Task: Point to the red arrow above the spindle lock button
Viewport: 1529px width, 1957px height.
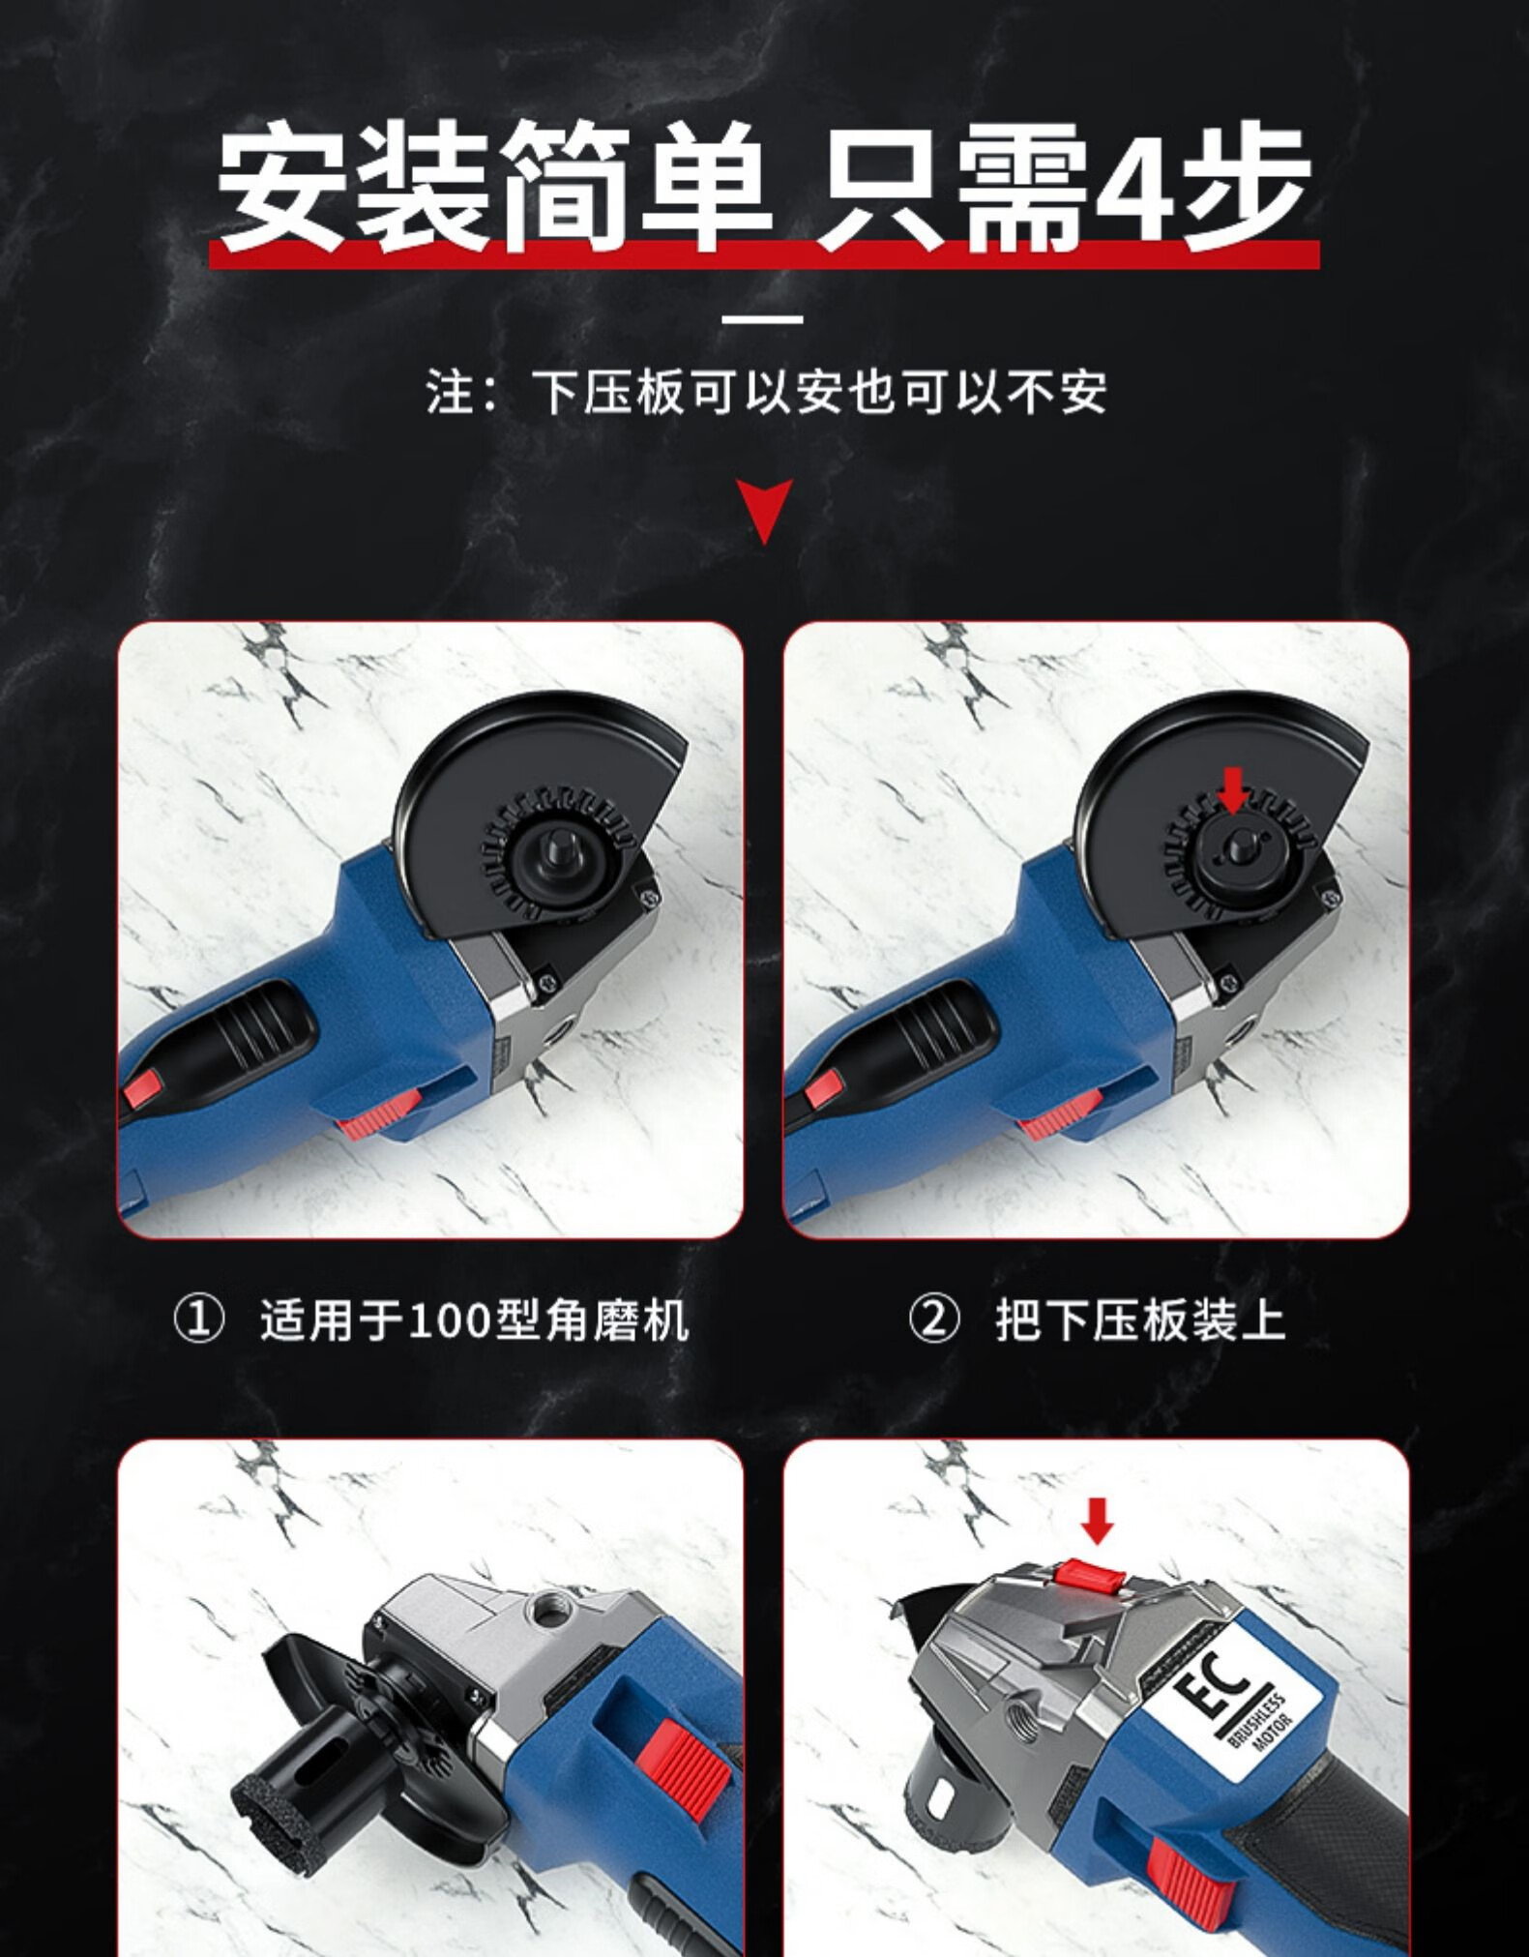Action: (x=1096, y=1520)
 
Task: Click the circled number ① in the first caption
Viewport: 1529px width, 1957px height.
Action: (x=198, y=1320)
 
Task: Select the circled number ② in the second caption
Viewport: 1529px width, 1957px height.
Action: (x=934, y=1320)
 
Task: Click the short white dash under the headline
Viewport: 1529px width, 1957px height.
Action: (x=764, y=318)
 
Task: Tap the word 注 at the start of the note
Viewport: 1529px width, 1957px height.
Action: (x=450, y=393)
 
